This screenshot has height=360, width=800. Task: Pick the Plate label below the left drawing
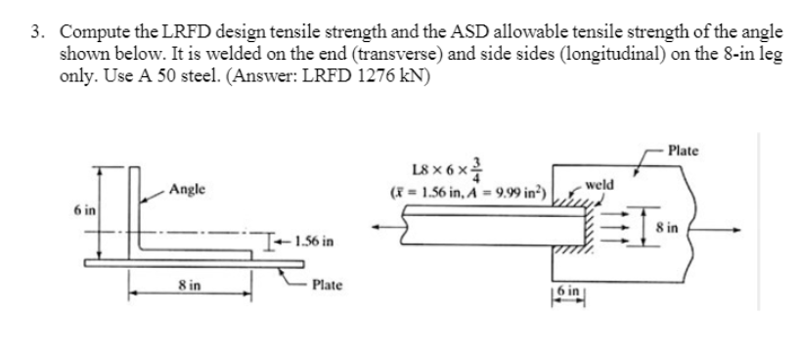[326, 286]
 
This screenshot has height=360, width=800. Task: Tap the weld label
[600, 184]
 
